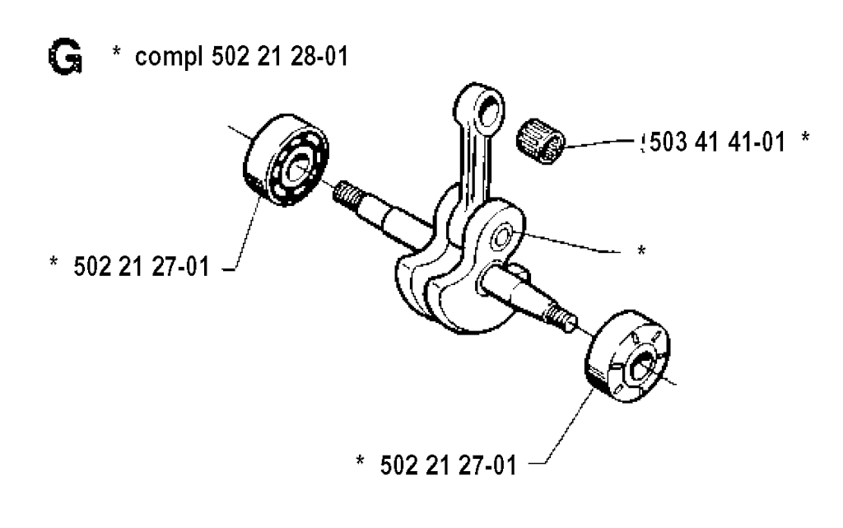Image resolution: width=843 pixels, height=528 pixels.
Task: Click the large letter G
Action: pos(65,56)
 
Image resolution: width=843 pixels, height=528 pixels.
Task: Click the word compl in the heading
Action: pos(169,58)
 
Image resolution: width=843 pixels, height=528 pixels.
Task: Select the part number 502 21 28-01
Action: pos(280,56)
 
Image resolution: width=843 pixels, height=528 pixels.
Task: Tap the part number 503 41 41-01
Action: pos(717,142)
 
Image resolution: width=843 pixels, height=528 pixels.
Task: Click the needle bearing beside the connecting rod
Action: pos(540,140)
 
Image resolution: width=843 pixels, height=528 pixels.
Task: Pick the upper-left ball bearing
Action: pos(286,160)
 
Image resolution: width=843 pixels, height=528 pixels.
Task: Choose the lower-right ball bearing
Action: pos(627,357)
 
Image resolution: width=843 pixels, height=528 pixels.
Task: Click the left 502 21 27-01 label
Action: pos(141,266)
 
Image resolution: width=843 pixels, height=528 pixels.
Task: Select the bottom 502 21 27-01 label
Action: pos(448,465)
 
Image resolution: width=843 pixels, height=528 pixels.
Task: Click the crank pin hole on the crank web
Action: pos(504,235)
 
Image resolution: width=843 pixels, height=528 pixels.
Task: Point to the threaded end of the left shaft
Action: pos(345,193)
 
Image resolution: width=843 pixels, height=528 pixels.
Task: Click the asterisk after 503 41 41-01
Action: pos(805,137)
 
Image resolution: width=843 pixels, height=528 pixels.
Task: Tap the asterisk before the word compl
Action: pos(116,52)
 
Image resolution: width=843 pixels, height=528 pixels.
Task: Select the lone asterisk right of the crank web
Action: pos(640,250)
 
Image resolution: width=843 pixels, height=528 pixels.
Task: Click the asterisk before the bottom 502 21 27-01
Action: pos(361,460)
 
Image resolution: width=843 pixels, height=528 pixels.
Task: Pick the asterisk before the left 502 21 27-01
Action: pos(54,262)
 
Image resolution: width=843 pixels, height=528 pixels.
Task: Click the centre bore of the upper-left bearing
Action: pos(296,169)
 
